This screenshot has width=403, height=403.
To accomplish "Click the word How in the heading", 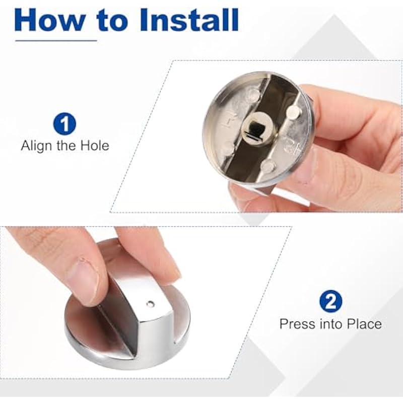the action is tap(50, 20).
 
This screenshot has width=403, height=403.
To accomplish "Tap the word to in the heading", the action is tap(112, 21).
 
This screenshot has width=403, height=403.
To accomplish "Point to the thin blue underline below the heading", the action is tap(56, 40).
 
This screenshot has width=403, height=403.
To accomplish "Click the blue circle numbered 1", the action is tap(64, 123).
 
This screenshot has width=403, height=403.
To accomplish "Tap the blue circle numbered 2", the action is tap(331, 301).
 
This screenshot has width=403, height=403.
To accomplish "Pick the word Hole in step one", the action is tap(95, 146).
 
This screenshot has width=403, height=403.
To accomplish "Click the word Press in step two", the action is tap(297, 323).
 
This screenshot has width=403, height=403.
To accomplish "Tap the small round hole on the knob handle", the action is tap(150, 304).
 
